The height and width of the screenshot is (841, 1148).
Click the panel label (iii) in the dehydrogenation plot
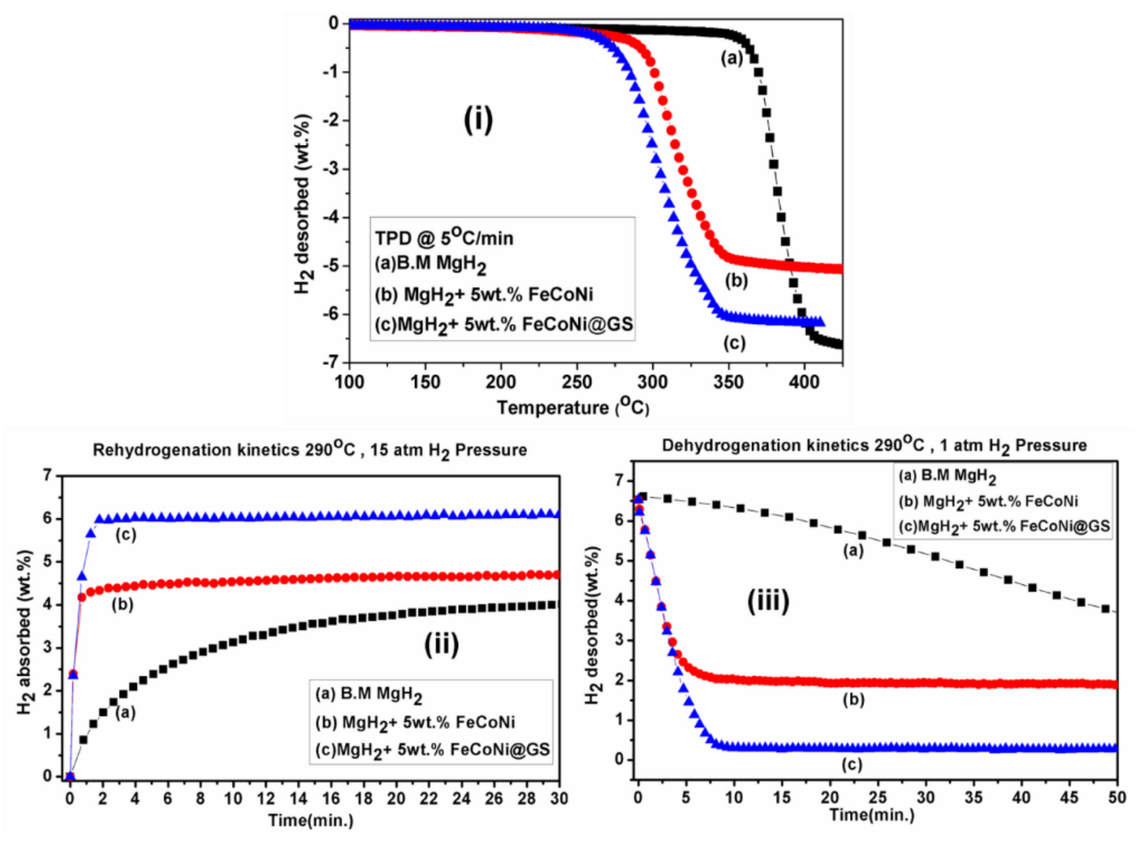768,601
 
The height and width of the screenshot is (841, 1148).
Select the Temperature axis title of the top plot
573,408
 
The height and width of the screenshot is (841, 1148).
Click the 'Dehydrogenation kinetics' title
874,445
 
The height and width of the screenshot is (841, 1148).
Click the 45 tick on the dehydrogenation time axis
1069,798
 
